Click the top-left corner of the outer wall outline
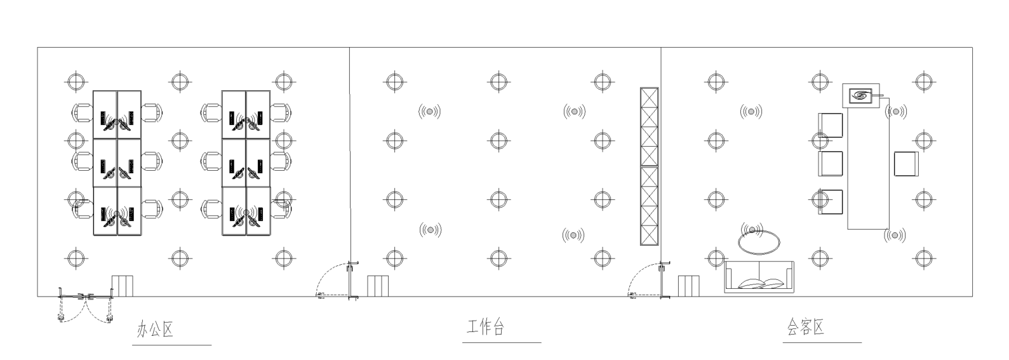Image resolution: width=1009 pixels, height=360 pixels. click(x=37, y=48)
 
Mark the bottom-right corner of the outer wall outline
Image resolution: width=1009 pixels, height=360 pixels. click(x=972, y=297)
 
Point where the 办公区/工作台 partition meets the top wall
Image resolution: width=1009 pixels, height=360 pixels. click(x=349, y=48)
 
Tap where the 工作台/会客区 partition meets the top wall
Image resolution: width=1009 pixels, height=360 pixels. click(x=661, y=48)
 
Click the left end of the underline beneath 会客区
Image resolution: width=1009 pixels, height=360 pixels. click(x=783, y=342)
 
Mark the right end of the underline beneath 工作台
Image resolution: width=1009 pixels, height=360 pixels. click(x=541, y=342)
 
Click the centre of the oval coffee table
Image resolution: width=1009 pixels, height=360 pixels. click(x=759, y=243)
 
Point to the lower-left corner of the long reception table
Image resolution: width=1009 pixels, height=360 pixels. click(x=848, y=229)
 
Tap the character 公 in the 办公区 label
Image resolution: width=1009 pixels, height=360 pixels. click(x=156, y=330)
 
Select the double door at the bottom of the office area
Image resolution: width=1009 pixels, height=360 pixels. click(x=86, y=305)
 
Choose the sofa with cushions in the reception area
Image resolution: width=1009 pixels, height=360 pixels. click(x=759, y=277)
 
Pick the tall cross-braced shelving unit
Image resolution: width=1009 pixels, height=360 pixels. click(x=649, y=166)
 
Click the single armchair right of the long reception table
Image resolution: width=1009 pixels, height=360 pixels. click(x=906, y=164)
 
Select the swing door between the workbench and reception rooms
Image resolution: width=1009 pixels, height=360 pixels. click(x=649, y=280)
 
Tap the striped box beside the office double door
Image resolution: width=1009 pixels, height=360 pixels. click(x=123, y=286)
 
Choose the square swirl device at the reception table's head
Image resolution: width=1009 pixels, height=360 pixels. click(x=861, y=95)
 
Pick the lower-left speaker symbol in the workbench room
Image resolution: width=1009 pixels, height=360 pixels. click(x=430, y=230)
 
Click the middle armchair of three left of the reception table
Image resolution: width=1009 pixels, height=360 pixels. click(x=830, y=164)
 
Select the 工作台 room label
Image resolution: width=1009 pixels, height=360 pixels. click(x=485, y=327)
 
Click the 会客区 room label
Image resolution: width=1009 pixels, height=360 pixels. click(x=806, y=327)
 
